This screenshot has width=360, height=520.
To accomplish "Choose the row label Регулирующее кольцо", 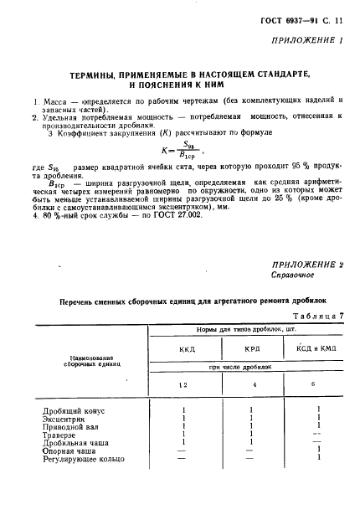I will pyautogui.click(x=83, y=459).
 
